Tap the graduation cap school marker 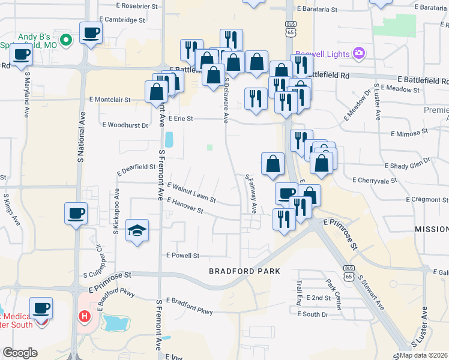coord(137,230)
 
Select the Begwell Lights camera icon coord(358,53)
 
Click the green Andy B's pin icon coord(67,40)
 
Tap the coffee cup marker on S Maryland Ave coord(21,55)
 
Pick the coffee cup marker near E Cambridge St coord(91,33)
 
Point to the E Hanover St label coord(185,206)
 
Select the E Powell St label coord(182,256)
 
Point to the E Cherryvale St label coord(375,180)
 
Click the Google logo coord(19,353)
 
